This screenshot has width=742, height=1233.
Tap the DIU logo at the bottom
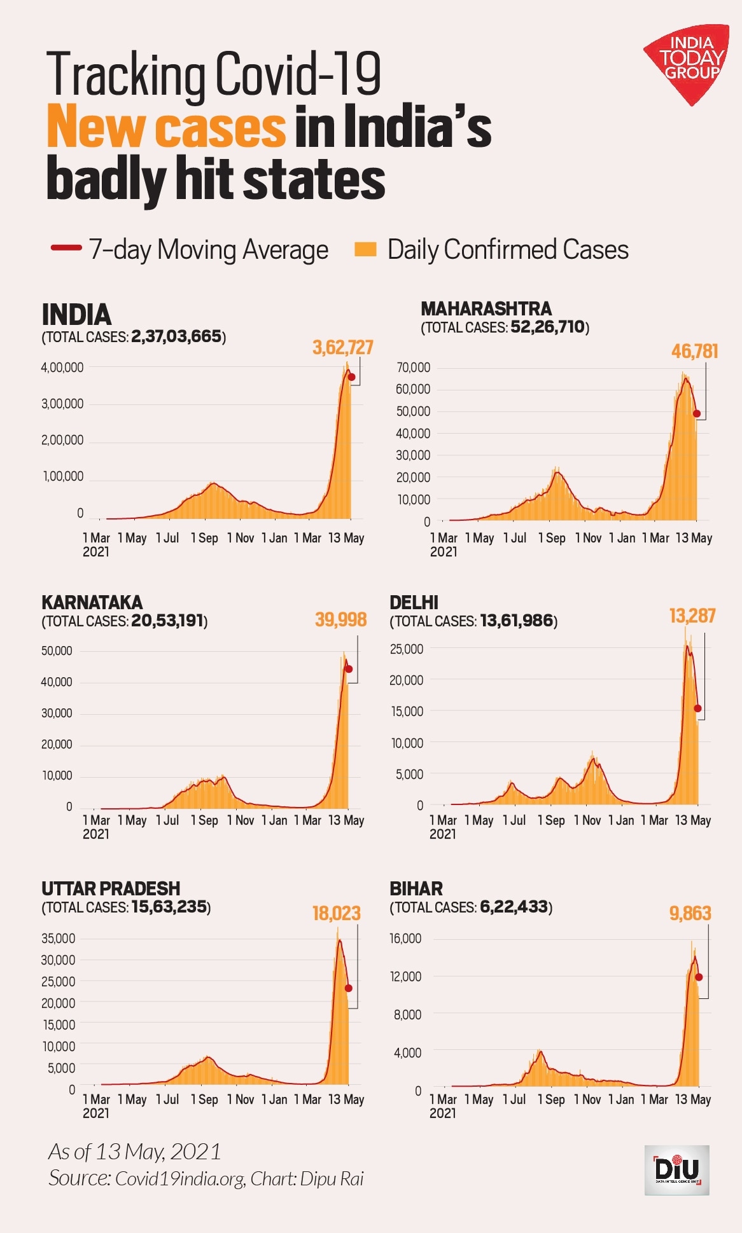(676, 1170)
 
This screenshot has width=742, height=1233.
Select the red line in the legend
(66, 248)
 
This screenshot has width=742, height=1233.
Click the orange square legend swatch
(365, 249)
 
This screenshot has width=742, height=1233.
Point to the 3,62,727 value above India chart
(342, 347)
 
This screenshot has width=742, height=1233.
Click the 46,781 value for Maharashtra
(694, 351)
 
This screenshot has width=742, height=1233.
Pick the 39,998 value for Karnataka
(340, 619)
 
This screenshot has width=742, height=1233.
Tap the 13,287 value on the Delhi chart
(692, 616)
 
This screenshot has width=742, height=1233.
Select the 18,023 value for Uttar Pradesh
(336, 913)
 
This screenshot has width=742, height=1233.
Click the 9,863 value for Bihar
(690, 913)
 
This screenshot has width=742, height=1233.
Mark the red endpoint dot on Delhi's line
(697, 708)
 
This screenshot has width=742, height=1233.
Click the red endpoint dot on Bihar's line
(699, 977)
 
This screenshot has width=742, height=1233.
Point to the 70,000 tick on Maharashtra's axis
(414, 368)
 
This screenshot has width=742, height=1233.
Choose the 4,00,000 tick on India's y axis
(62, 367)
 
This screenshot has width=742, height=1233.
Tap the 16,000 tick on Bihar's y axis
(405, 938)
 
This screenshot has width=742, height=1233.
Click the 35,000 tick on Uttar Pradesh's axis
(58, 938)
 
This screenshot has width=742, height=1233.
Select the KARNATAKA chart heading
(92, 602)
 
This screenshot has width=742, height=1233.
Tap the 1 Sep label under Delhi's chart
(551, 820)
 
